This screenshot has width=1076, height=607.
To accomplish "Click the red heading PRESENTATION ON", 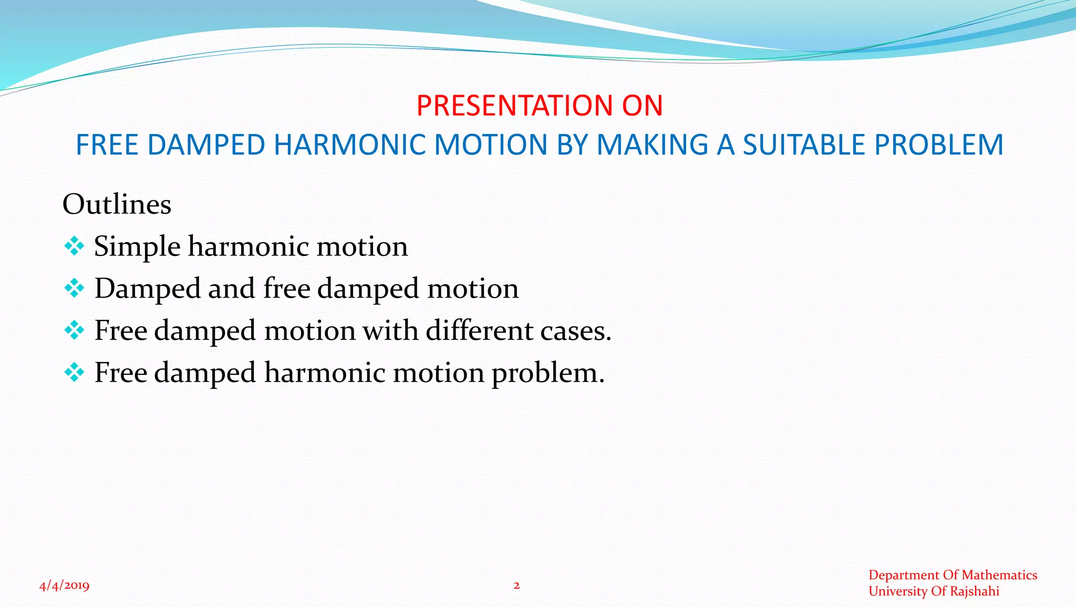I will (539, 106).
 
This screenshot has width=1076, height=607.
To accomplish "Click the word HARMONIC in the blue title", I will (349, 145).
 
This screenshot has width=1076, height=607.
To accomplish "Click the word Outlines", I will (117, 204).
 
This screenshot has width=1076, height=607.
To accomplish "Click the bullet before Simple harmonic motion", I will (74, 246).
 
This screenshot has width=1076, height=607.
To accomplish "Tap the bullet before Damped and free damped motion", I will (74, 288).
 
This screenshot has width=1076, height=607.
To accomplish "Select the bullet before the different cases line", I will (74, 330).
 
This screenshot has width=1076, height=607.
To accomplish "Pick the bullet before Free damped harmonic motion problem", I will (74, 372).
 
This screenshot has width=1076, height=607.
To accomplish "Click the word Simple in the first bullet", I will (137, 247).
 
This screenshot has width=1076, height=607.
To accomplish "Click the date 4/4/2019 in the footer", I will (64, 585).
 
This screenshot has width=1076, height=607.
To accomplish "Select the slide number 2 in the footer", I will (516, 585).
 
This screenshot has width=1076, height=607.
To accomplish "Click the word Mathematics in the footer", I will (999, 575).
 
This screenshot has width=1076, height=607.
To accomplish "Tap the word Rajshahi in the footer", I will (974, 591).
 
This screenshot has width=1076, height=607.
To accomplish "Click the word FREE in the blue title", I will (107, 145).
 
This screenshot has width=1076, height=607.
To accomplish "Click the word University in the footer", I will (897, 591).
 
